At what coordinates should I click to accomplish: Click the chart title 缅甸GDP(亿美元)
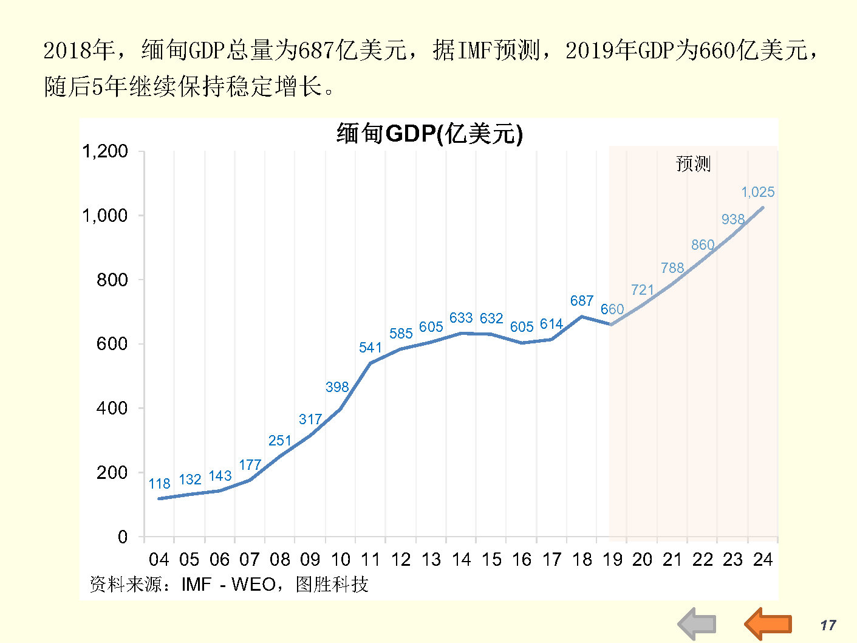tap(429, 134)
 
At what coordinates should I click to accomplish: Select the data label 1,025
tap(757, 192)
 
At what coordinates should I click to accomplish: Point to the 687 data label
tap(581, 301)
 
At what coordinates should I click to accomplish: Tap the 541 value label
tap(370, 348)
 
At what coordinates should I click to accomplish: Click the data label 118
tap(159, 484)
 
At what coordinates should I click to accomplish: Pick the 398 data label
tap(336, 387)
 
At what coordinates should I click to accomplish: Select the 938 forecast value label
tap(732, 219)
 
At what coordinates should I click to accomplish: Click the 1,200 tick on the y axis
tap(105, 151)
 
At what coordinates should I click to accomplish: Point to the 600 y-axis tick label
tap(112, 344)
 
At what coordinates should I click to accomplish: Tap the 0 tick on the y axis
tap(123, 537)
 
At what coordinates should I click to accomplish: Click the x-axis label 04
tap(159, 559)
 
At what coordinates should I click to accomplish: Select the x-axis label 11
tap(370, 559)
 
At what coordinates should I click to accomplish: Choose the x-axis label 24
tap(763, 559)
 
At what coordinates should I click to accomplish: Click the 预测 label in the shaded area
tap(693, 163)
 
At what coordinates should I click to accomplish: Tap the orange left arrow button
tap(768, 624)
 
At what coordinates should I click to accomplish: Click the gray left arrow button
tap(697, 624)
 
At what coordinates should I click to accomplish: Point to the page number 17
tap(828, 625)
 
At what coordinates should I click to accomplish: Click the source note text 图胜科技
tap(332, 585)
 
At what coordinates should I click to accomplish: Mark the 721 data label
tap(642, 290)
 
